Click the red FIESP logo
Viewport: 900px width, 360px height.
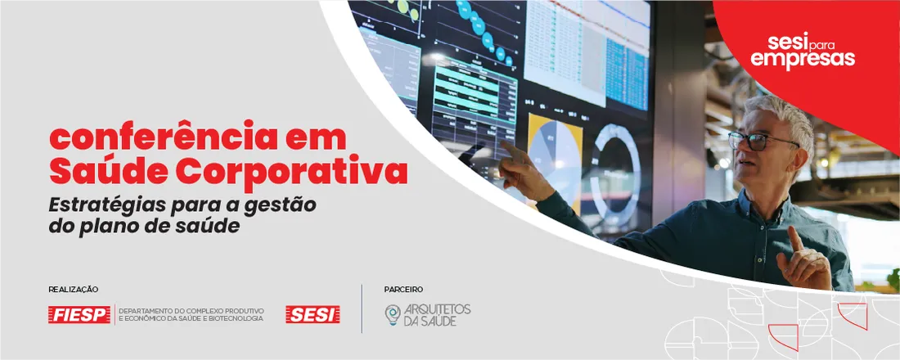pos(79,314)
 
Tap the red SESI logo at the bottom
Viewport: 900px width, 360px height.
pos(313,314)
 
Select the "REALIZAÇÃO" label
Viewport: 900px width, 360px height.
pos(74,290)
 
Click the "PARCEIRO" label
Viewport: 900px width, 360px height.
pos(403,290)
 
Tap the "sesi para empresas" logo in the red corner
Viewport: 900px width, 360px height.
pos(803,50)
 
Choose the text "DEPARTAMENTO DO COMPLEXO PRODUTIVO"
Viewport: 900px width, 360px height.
pos(191,310)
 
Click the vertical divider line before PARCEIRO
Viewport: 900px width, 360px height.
pos(362,308)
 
